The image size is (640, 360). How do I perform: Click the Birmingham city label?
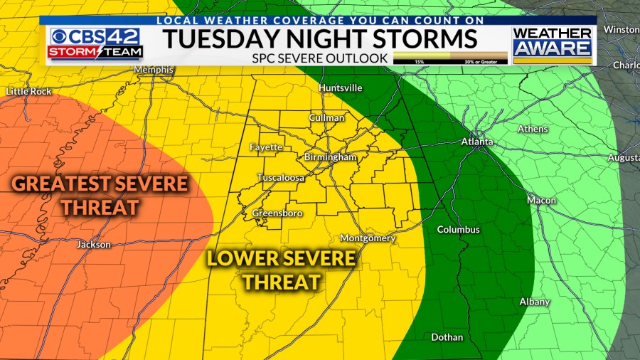point(330,157)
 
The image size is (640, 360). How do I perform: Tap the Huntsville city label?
point(341,88)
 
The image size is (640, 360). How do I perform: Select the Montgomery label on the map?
point(368,238)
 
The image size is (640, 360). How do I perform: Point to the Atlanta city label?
point(476,142)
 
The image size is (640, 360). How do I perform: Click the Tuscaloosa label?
point(280,177)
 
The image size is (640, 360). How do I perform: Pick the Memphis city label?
point(154,70)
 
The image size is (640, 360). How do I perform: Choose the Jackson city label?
point(94,245)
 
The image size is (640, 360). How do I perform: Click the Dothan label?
point(447,337)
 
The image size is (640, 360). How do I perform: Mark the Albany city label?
point(535,302)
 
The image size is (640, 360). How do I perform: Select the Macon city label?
point(541,201)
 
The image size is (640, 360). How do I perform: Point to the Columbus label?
point(458,230)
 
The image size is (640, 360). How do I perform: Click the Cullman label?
point(326,117)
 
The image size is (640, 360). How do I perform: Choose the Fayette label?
point(266,147)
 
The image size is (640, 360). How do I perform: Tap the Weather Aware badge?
point(553,44)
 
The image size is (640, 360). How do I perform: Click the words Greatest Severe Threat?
point(100,195)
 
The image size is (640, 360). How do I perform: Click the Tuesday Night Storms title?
point(319,38)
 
